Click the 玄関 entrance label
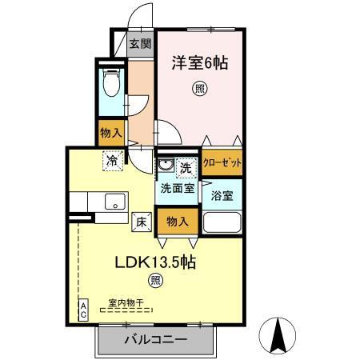tap(140, 43)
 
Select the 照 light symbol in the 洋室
tap(199, 90)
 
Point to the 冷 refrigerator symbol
tap(112, 160)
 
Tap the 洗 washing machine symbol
tap(186, 168)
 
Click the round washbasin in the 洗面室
tap(166, 166)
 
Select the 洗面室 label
tap(177, 190)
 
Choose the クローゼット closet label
tap(222, 162)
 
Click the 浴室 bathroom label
tap(222, 194)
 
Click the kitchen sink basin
tap(112, 200)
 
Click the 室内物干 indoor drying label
tap(126, 304)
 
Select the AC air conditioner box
tap(82, 310)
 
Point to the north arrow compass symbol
tap(280, 335)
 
